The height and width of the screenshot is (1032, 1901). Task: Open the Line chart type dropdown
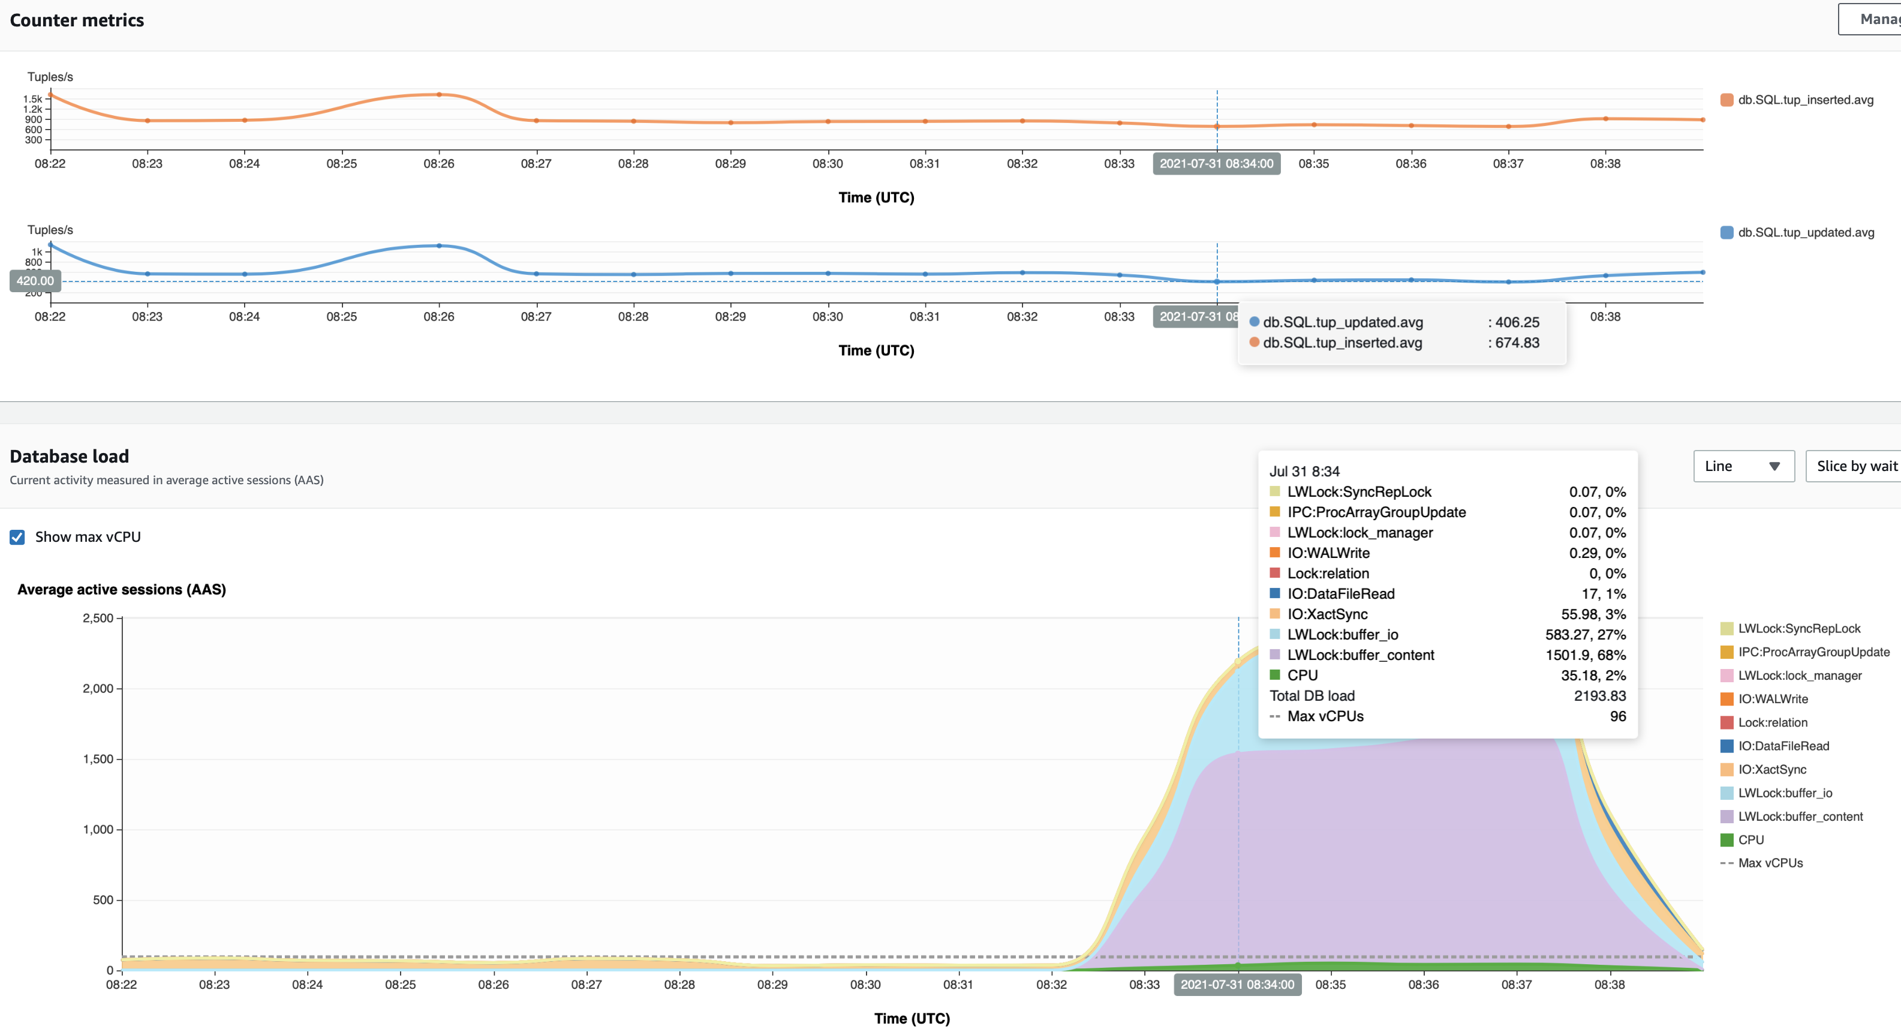pos(1743,466)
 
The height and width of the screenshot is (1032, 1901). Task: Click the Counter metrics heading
pos(77,20)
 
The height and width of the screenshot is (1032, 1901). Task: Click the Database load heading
pos(70,456)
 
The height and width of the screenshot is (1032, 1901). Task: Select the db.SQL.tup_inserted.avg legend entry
pos(1804,100)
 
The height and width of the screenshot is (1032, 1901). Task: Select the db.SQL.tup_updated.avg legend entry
pos(1804,233)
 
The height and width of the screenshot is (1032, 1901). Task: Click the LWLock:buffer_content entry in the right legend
pos(1799,816)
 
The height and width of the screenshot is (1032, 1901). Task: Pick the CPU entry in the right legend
pos(1750,839)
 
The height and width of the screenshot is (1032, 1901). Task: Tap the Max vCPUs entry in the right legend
pos(1770,863)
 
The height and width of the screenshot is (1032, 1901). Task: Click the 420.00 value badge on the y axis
pos(35,281)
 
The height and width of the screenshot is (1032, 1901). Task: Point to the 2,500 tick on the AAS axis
pos(98,618)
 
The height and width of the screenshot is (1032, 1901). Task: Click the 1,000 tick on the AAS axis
pos(98,829)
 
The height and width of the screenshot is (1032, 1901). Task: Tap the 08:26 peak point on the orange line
pos(439,94)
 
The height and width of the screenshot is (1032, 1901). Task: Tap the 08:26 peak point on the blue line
pos(439,246)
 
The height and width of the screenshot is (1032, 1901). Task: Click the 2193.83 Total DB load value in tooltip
pos(1599,695)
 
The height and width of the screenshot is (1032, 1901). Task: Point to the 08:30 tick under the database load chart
pos(865,984)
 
